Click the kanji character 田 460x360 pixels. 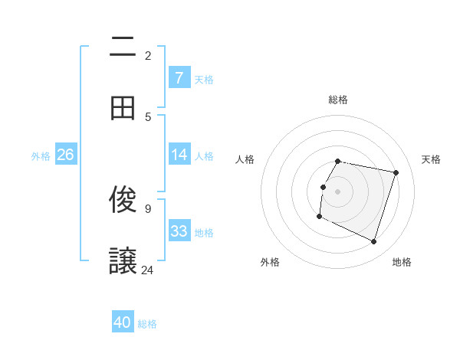pos(123,108)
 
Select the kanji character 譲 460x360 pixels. pos(123,260)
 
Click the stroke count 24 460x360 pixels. pos(148,270)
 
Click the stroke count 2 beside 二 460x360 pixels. pos(148,55)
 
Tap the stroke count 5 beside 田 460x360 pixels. pos(148,116)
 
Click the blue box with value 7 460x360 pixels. pos(179,77)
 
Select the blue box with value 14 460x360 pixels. pos(179,155)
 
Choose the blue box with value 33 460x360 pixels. pos(179,231)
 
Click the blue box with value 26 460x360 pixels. pos(65,155)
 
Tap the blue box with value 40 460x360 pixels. pos(123,322)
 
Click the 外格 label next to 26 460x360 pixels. pos(41,155)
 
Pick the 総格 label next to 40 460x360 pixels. pos(147,324)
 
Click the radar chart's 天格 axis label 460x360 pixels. pos(431,159)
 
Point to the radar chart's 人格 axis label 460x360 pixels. pos(245,159)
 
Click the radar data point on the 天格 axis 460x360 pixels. pos(396,172)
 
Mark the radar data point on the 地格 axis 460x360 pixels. pos(373,242)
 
